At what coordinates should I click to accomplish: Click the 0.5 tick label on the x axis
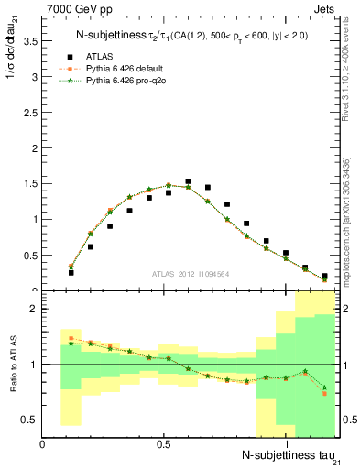point(164,443)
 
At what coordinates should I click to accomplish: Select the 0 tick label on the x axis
point(42,443)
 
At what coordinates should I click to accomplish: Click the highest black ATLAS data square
point(188,181)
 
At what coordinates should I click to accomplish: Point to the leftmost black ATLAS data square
point(71,272)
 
